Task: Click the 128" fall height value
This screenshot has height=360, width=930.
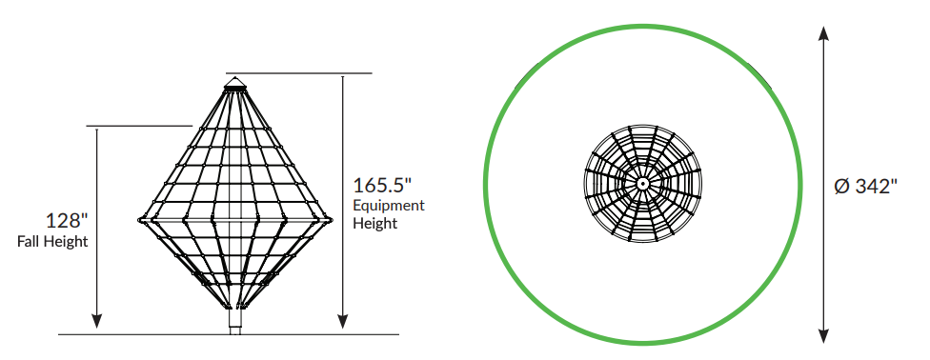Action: click(x=67, y=221)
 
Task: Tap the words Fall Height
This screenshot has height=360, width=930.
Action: click(x=52, y=242)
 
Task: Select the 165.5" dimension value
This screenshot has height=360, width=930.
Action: click(x=382, y=185)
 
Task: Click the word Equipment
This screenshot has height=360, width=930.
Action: click(x=389, y=207)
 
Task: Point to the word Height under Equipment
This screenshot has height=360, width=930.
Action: click(x=374, y=224)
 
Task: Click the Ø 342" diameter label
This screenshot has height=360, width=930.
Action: click(x=865, y=187)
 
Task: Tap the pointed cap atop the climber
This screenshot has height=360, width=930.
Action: click(x=235, y=82)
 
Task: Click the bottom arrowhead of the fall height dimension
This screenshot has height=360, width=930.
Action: click(x=96, y=321)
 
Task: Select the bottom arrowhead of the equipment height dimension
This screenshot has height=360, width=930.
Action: click(x=342, y=321)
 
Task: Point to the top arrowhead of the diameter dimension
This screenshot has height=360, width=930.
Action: click(x=823, y=33)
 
